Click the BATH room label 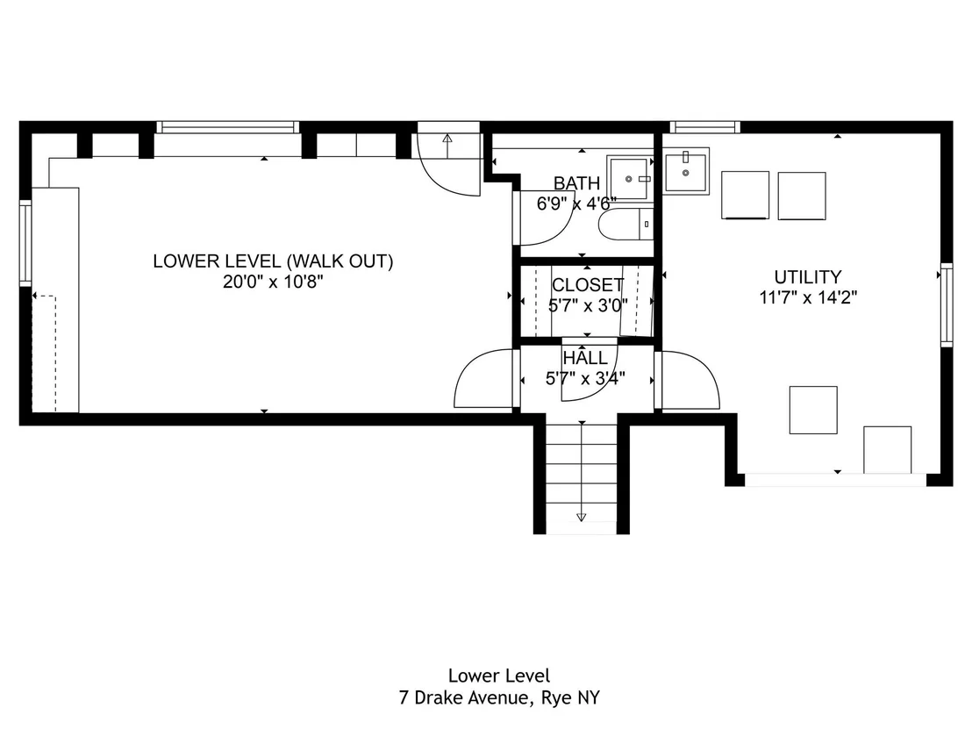(x=576, y=183)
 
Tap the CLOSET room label (x=588, y=285)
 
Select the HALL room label (x=585, y=358)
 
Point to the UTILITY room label (x=808, y=277)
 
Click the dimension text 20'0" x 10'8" (x=274, y=282)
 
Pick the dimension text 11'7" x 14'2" (x=808, y=297)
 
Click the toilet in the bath (x=625, y=225)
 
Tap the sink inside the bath (x=630, y=179)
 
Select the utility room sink (x=686, y=170)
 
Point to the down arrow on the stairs (x=582, y=471)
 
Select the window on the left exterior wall (x=25, y=243)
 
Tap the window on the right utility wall (x=947, y=304)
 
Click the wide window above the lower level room (x=227, y=128)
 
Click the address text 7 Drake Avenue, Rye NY (x=500, y=698)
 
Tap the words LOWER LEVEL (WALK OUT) (x=274, y=261)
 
